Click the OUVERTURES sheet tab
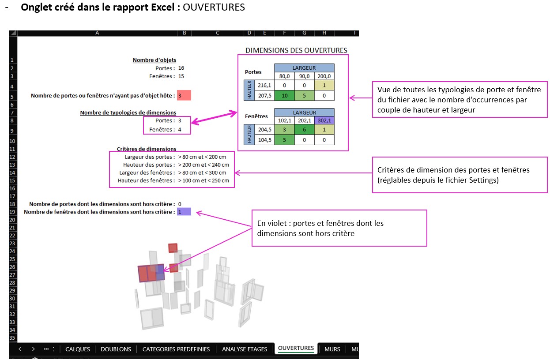point(296,348)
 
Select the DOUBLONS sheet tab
point(116,349)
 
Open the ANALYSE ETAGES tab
point(245,349)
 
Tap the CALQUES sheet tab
point(78,349)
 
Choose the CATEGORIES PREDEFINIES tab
point(176,349)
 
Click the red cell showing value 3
point(184,95)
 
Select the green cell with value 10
point(285,95)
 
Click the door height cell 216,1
point(265,85)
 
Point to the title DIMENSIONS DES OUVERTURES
point(296,50)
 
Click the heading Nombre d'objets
point(154,60)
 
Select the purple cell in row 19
point(184,212)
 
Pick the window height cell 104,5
point(265,140)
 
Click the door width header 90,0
point(304,75)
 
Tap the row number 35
point(12,338)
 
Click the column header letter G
point(304,33)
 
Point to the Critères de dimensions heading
point(147,149)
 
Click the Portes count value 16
point(181,68)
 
